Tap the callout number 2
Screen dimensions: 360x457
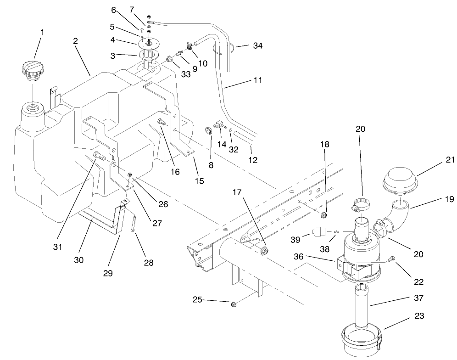pos(75,40)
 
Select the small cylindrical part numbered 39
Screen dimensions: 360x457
pos(318,231)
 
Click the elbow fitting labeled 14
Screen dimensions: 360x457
pos(220,124)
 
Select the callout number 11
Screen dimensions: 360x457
pos(257,80)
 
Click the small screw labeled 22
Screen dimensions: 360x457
pos(392,259)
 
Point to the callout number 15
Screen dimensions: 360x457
pos(199,181)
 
